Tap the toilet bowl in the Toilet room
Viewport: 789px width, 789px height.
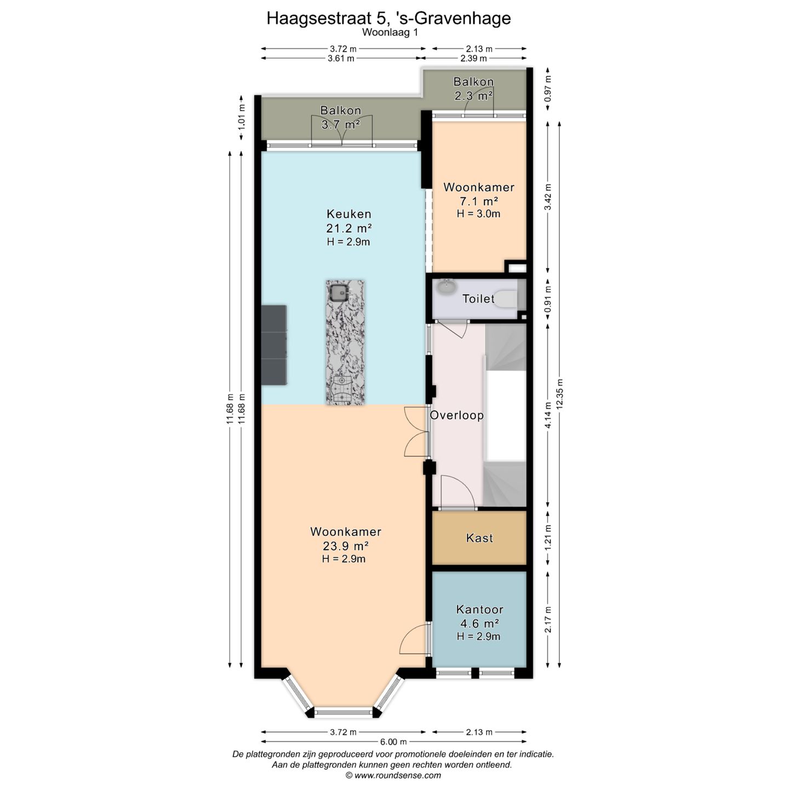point(508,299)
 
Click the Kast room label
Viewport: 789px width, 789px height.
point(479,538)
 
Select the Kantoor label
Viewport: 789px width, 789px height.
point(479,609)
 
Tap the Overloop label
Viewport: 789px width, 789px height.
point(456,415)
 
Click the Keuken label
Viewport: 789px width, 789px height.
point(349,214)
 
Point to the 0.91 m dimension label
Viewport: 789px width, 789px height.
point(548,299)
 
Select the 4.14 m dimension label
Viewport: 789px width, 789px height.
point(548,415)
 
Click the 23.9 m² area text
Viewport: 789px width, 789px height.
point(346,546)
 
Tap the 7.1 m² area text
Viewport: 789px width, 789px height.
point(479,201)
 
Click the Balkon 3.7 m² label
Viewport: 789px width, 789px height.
point(341,117)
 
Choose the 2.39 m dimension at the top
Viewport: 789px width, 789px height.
point(473,58)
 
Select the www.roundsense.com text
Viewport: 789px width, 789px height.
point(398,775)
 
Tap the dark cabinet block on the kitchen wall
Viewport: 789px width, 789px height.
point(273,345)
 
